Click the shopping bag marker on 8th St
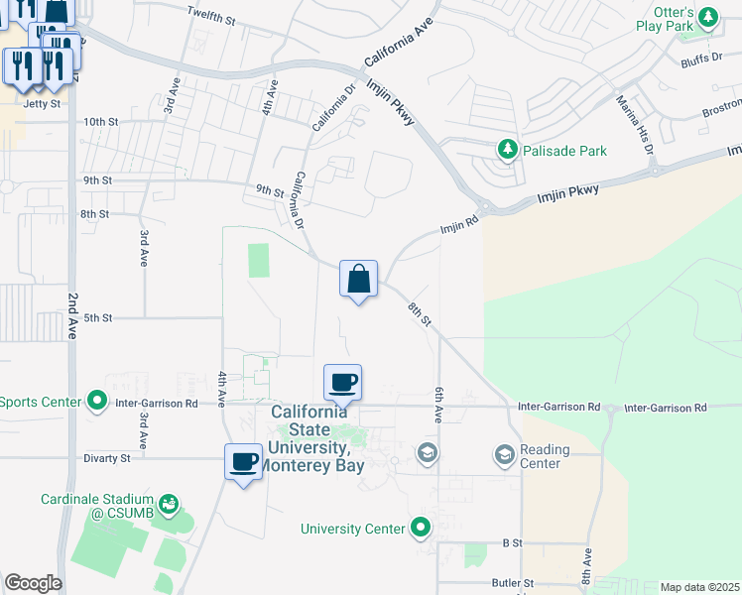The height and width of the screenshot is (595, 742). pyautogui.click(x=358, y=280)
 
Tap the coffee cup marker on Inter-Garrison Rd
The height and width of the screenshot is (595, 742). pyautogui.click(x=342, y=383)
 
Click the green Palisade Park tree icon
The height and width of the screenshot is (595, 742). pyautogui.click(x=508, y=150)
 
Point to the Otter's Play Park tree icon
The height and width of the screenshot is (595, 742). pyautogui.click(x=707, y=17)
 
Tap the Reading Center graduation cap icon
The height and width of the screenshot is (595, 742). pyautogui.click(x=504, y=455)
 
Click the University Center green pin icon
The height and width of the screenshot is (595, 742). pyautogui.click(x=422, y=528)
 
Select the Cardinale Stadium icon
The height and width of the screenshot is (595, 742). pyautogui.click(x=169, y=505)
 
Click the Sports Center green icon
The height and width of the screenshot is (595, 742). pyautogui.click(x=96, y=401)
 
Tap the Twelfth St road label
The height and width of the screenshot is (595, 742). pyautogui.click(x=211, y=17)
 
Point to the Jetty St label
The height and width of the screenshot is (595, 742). pyautogui.click(x=42, y=103)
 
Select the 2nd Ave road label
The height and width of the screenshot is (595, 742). pyautogui.click(x=72, y=316)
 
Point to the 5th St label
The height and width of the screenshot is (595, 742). pyautogui.click(x=97, y=317)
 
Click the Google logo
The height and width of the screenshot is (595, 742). pyautogui.click(x=33, y=583)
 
